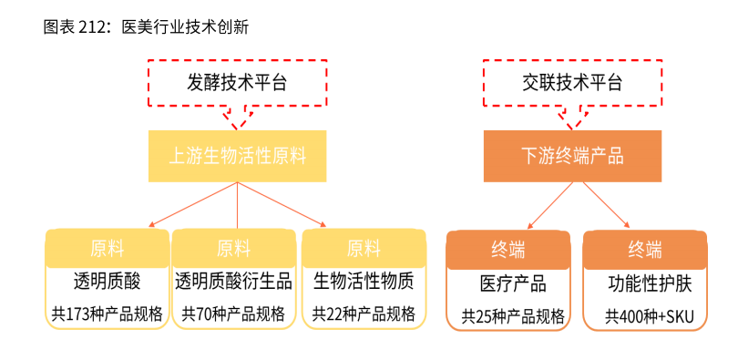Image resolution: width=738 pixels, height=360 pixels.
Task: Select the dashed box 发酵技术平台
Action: point(237,83)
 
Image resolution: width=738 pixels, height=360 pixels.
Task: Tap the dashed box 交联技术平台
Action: point(572,83)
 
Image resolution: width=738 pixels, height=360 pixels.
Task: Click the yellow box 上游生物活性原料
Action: point(237,156)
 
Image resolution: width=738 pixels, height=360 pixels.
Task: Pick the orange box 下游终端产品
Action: point(572,156)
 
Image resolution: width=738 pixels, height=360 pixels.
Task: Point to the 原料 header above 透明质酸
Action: point(107,247)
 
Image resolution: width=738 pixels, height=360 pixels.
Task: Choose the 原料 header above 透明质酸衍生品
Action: point(233,247)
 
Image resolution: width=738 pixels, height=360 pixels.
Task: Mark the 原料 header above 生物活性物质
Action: point(364,247)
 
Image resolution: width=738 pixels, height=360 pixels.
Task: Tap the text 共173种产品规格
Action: point(107,314)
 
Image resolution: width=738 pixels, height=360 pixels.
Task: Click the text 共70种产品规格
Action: point(233,314)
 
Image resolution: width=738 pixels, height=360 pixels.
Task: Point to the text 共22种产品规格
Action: point(364,314)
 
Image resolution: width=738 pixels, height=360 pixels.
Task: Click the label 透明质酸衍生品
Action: point(233,281)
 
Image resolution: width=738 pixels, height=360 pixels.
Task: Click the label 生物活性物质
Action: point(364,281)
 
